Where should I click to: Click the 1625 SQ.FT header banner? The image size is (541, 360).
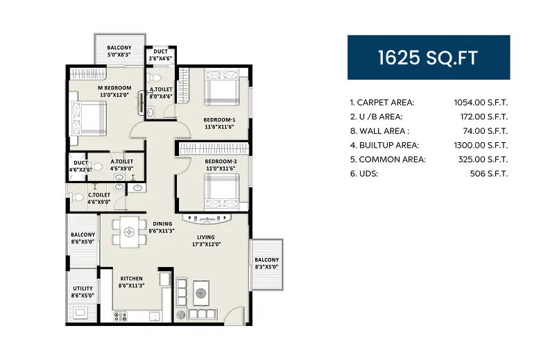click(428, 58)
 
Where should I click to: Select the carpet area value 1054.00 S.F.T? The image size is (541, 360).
click(479, 103)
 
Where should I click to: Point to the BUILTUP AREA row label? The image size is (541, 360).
click(384, 145)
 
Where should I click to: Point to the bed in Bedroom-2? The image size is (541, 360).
click(221, 187)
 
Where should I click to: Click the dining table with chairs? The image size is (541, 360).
click(128, 232)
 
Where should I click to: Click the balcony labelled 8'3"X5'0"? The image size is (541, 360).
click(266, 263)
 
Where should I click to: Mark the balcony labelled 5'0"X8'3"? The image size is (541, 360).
click(119, 51)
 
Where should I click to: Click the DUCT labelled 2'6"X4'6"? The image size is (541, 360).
click(160, 55)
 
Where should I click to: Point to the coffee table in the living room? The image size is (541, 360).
click(201, 292)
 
